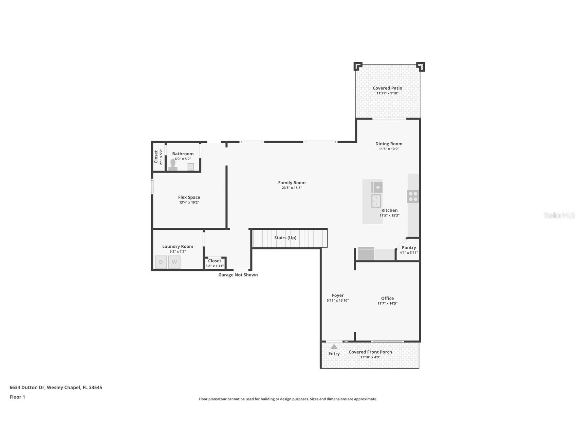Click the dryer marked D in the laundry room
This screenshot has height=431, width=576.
point(161,262)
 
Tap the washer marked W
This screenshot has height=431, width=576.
point(174,262)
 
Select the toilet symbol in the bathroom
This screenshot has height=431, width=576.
point(173,165)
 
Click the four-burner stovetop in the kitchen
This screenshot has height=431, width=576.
point(413,197)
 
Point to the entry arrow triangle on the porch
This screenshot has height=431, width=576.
point(334,346)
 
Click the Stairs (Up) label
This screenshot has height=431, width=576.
point(285,238)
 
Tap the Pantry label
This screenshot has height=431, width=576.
point(409,247)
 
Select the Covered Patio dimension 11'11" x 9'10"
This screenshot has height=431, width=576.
point(387,93)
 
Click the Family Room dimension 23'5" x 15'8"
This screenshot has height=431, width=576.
point(292,188)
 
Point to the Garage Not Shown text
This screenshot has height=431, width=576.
point(238,275)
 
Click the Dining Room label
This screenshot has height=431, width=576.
point(389,144)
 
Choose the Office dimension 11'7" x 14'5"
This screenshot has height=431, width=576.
point(387,303)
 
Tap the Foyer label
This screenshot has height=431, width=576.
point(338,295)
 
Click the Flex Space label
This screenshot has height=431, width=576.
point(189,197)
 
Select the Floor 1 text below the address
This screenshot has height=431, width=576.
point(17,397)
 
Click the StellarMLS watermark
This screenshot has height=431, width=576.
point(559,215)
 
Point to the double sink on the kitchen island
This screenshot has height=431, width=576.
point(376,201)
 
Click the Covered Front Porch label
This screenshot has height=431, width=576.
point(370,352)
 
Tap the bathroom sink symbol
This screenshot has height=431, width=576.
point(191,167)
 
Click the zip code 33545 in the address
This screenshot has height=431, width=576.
point(95,387)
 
